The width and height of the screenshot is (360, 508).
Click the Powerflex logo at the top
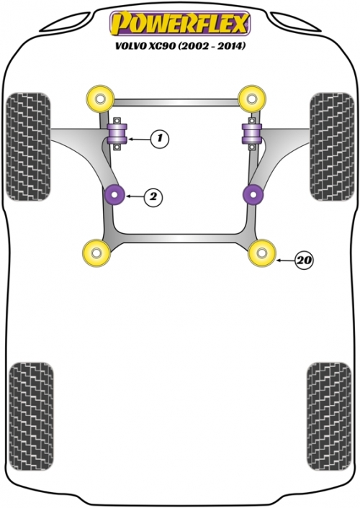coord(180,23)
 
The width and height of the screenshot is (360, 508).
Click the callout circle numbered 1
coord(160,139)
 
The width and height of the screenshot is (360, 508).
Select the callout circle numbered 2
coord(153,196)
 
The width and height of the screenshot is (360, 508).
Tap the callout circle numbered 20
coord(305,260)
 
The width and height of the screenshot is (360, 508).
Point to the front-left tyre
coord(28,147)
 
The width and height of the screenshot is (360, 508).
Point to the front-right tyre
coord(332,147)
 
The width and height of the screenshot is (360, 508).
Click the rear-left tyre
coord(32,417)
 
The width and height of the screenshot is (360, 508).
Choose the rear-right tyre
coord(329,417)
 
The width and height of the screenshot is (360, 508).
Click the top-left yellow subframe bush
coord(101,99)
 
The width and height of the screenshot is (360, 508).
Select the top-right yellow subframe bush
coord(252,99)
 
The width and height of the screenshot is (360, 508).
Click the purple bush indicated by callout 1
coord(118,133)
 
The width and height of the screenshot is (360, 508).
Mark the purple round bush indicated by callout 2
coord(115,195)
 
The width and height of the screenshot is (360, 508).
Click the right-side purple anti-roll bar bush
coord(252,133)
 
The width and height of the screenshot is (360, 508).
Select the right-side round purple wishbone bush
coord(253,195)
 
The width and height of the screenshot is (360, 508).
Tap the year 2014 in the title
coord(232,46)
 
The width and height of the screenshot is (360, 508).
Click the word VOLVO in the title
coord(130,46)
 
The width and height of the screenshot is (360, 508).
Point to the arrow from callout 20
coord(284,260)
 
